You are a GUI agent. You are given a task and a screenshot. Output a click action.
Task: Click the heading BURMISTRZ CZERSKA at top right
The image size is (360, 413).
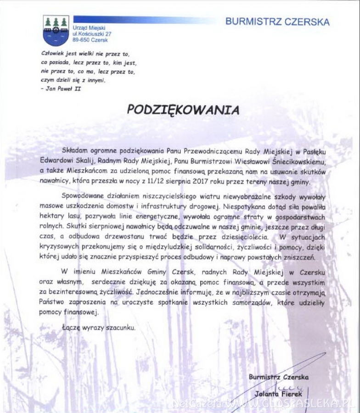pos(277,22)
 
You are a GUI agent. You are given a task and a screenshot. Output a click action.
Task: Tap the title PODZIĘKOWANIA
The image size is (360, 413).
pos(183,110)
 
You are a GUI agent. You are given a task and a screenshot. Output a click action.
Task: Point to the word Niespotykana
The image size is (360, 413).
pos(244,206)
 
